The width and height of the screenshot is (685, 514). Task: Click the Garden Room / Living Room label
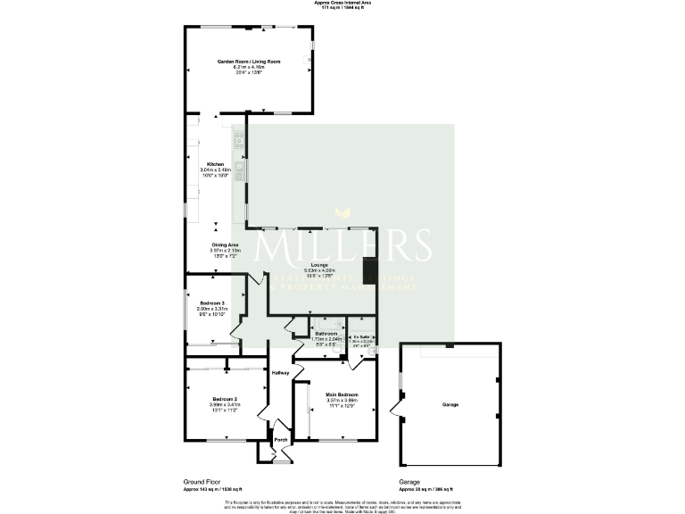[250, 61]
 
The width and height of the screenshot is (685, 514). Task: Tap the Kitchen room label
[215, 164]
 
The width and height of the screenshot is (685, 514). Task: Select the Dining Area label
[225, 245]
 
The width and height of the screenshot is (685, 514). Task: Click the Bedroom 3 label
[212, 303]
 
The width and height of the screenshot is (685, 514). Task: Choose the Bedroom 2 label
[224, 398]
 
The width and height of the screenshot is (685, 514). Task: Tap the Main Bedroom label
[342, 394]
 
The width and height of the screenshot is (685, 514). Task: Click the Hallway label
[281, 372]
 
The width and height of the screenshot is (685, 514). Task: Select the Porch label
[280, 440]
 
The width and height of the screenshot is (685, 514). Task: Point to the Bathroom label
[326, 334]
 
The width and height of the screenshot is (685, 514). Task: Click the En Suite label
[360, 336]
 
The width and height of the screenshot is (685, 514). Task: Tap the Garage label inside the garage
[450, 405]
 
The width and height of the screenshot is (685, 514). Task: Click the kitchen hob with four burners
[239, 138]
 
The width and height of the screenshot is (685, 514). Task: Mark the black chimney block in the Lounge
[368, 270]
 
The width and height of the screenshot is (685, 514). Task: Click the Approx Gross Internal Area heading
[342, 4]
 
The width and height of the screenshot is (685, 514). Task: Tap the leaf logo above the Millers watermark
[342, 214]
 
